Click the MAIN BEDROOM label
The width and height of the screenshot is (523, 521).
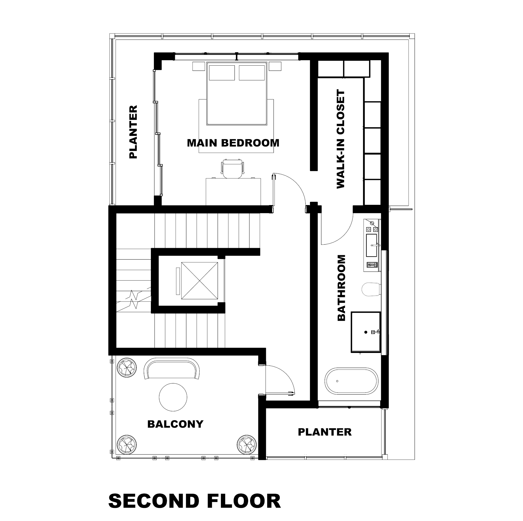[233, 143]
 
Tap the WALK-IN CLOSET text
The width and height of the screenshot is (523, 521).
[340, 139]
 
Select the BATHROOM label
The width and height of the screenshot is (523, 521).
[341, 288]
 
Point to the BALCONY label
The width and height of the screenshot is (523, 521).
[175, 424]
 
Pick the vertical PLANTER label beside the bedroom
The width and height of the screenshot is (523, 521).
[133, 132]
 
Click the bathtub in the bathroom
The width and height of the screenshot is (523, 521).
[351, 381]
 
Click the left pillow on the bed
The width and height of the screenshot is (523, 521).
[222, 73]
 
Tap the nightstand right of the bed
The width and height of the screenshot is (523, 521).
[275, 66]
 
